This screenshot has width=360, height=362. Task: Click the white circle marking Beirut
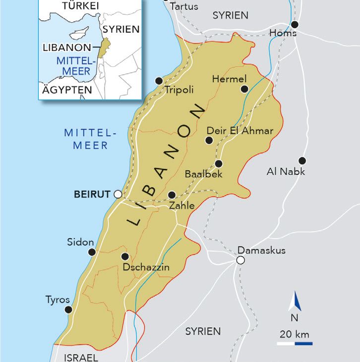(118, 194)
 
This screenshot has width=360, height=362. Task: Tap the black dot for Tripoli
(159, 81)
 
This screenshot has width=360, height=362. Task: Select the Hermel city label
(229, 79)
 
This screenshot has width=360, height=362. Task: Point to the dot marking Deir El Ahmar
(209, 140)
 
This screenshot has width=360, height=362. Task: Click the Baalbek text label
(203, 174)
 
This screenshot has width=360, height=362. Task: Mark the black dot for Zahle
(172, 195)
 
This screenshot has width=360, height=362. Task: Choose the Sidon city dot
(92, 252)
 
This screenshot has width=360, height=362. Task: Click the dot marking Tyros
(68, 310)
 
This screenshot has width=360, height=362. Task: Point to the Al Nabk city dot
(302, 160)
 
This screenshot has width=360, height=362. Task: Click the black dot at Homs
(295, 24)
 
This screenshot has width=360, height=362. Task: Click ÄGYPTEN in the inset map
(67, 90)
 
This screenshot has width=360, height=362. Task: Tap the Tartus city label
(184, 6)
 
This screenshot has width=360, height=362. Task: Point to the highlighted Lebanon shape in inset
(103, 50)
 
